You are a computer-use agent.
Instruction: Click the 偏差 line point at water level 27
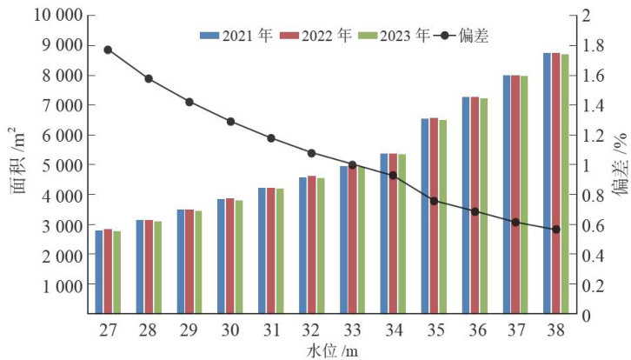108,50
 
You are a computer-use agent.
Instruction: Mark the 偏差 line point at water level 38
556,230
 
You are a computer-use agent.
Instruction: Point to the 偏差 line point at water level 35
434,201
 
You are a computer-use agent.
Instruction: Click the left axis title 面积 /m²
17,165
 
